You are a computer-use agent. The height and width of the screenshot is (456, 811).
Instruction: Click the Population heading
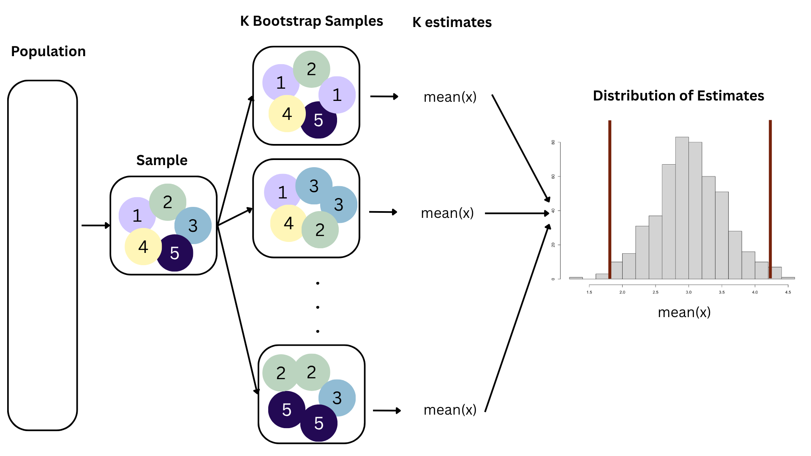(48, 52)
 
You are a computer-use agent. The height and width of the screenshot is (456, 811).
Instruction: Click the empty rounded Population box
(43, 255)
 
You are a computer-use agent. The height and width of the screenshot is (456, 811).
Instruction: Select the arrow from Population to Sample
(95, 225)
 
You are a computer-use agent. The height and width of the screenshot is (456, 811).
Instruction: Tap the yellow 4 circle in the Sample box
(143, 247)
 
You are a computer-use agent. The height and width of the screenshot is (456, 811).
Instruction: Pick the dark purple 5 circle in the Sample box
(175, 253)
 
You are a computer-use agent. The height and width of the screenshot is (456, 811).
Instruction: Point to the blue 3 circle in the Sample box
(193, 225)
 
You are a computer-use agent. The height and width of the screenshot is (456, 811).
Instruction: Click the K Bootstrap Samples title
(311, 21)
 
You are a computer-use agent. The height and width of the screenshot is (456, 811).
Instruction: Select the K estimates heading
(452, 22)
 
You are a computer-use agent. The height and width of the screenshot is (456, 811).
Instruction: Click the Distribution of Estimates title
(678, 96)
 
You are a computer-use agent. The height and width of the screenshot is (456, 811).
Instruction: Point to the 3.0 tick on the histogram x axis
(689, 292)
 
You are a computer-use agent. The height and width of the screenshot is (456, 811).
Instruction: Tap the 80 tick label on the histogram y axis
(553, 142)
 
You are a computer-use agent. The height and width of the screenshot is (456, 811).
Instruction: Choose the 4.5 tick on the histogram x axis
(788, 292)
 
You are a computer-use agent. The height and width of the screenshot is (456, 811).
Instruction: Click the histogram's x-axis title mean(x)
(684, 312)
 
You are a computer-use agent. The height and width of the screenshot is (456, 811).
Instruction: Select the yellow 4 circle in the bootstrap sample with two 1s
(286, 114)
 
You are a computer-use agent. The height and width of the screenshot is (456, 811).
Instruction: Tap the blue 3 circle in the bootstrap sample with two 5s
(337, 398)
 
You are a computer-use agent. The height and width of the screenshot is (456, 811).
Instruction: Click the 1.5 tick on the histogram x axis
(589, 292)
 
